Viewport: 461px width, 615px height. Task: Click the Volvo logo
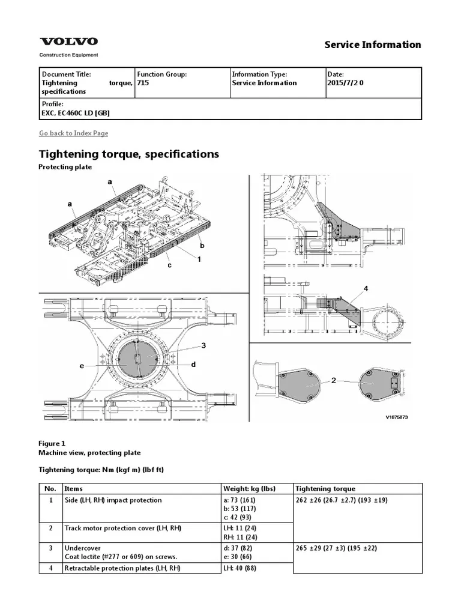point(68,42)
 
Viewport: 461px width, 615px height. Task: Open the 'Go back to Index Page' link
point(73,133)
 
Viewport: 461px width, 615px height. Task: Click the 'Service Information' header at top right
point(372,44)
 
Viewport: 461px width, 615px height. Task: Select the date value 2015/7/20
point(345,83)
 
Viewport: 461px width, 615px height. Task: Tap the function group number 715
point(143,83)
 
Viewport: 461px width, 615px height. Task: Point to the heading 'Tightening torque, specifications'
point(129,154)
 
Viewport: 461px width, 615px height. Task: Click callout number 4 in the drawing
point(366,289)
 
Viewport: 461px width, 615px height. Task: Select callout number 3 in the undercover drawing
point(203,345)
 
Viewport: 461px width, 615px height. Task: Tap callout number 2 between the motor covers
point(334,381)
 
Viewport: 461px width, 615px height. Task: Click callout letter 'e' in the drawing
point(79,366)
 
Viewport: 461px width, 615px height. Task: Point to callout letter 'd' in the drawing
point(194,365)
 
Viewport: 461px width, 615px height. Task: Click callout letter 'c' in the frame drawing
point(170,265)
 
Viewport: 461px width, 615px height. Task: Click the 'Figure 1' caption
point(52,443)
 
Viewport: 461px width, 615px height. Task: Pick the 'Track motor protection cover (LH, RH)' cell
point(123,528)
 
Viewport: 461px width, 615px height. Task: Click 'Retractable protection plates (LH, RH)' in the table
point(122,568)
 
